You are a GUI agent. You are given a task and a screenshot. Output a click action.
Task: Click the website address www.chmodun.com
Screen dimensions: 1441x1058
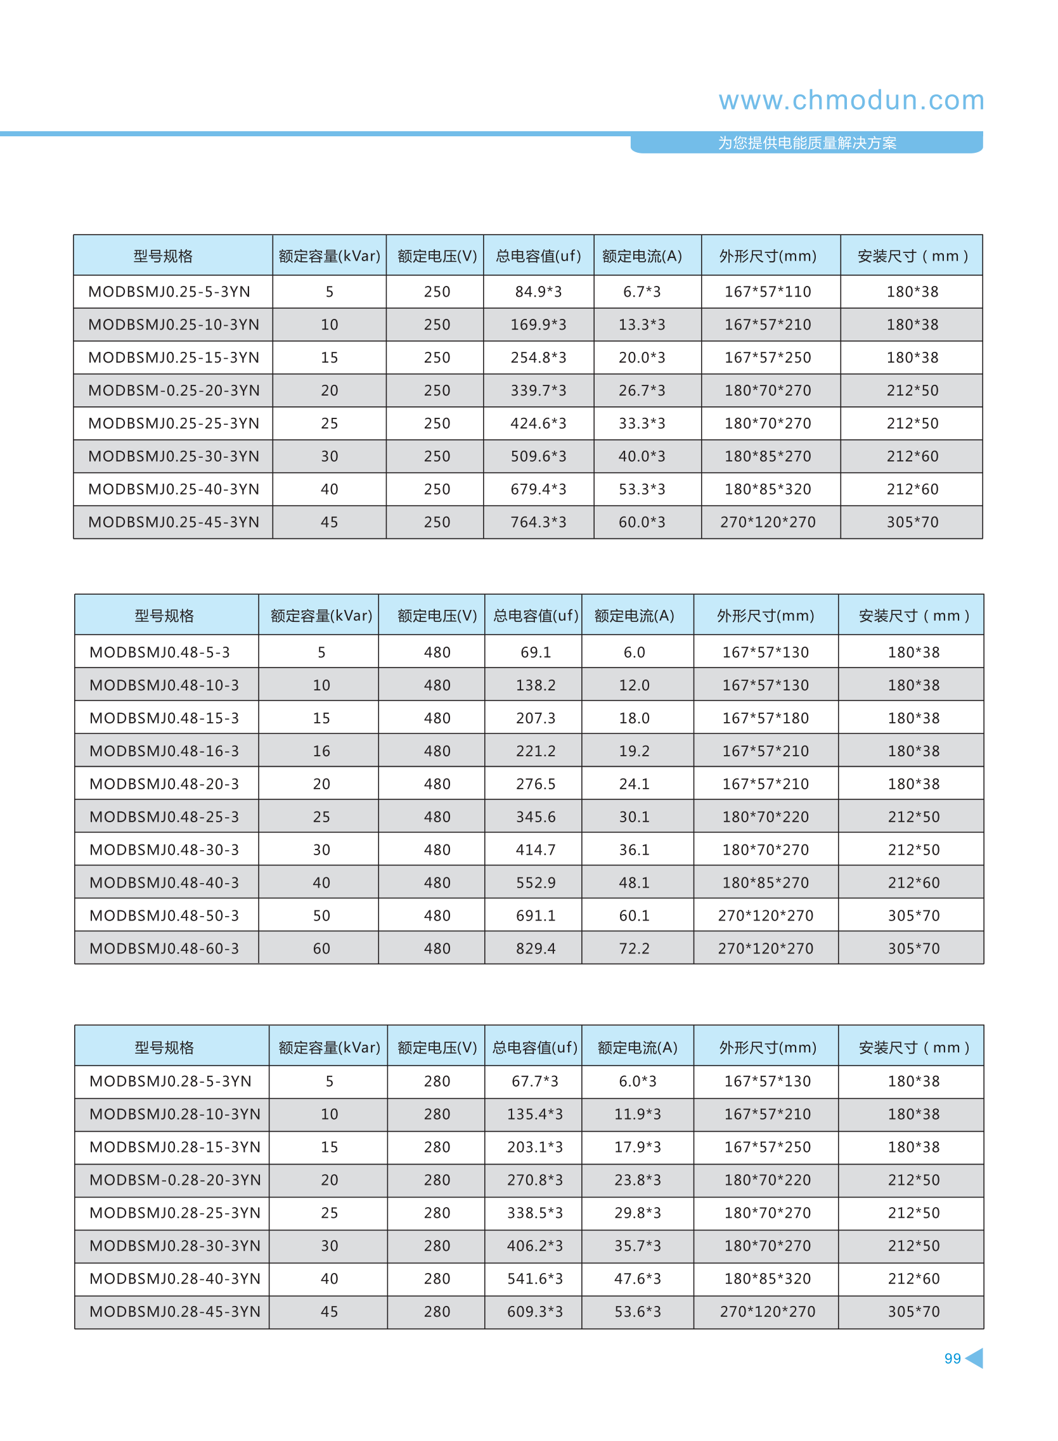pos(851,101)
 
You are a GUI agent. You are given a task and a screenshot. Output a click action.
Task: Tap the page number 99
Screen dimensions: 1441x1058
pos(952,1358)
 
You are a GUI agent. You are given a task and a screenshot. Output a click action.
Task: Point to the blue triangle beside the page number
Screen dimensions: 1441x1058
pos(975,1358)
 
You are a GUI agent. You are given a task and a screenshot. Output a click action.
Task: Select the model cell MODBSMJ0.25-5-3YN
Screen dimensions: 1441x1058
pos(169,292)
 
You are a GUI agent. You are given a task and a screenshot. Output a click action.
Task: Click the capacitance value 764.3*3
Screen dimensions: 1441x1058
pos(538,522)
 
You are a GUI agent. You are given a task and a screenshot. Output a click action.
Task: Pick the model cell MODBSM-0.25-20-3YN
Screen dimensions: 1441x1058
pos(174,391)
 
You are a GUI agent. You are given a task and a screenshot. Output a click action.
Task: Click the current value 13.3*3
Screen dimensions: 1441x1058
pos(641,325)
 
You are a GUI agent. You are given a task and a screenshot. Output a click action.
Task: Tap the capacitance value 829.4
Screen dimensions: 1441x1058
pos(536,948)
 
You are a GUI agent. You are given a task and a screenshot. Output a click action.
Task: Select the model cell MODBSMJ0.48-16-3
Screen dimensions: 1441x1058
pos(164,751)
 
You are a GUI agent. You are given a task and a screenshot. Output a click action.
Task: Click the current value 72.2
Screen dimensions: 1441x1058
pos(634,948)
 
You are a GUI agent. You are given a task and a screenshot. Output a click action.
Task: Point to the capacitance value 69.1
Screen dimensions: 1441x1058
pos(536,652)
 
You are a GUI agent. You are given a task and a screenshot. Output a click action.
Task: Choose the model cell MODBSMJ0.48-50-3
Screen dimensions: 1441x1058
pos(164,916)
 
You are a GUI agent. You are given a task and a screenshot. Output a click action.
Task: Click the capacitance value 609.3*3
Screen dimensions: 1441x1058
pos(535,1312)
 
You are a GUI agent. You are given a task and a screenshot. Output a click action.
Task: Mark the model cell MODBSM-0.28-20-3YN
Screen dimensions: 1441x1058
pos(175,1180)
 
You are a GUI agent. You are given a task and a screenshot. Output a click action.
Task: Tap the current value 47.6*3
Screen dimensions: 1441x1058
pos(637,1278)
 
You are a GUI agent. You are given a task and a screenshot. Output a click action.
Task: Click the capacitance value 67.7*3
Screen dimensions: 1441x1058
pos(535,1081)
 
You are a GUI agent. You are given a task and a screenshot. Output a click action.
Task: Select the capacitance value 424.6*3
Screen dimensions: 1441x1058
pos(538,423)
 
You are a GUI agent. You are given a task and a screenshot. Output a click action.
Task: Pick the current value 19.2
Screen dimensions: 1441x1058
pos(634,751)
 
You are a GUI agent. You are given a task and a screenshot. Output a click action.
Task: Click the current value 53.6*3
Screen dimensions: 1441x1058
pos(637,1312)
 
